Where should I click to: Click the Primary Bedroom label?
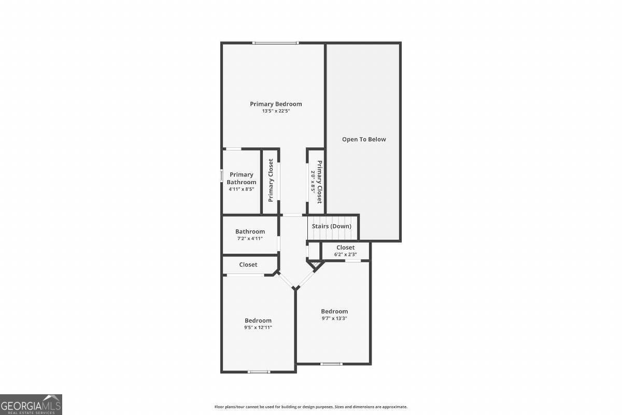pos(276,104)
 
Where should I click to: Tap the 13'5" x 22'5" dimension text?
pos(276,111)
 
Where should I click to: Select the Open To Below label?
pos(364,139)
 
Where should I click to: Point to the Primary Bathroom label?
pos(242,178)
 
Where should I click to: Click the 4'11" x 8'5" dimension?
pos(242,189)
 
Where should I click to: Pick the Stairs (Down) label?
pos(332,226)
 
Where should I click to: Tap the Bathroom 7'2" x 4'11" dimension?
pos(250,239)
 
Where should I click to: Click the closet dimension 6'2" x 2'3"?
pos(345,254)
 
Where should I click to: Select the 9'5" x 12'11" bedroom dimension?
pos(258,327)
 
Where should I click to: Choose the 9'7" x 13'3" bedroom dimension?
pos(334,318)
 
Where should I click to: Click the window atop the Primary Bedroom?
pos(275,43)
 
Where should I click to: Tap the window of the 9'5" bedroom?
pos(259,371)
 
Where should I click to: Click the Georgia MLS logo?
pos(31,404)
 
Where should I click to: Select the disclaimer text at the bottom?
pos(311,407)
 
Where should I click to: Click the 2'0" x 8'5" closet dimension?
pos(313,182)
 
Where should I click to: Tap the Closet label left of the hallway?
pos(248,265)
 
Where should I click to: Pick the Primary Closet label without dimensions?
pos(271,181)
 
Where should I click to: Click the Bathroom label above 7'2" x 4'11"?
pos(250,231)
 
